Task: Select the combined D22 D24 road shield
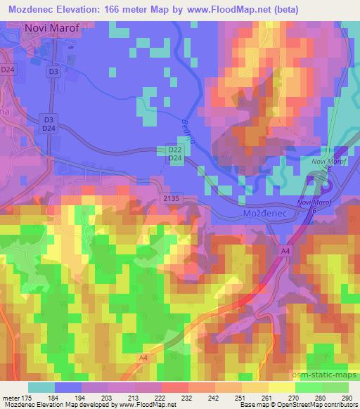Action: (x=175, y=155)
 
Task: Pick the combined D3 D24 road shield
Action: (x=48, y=124)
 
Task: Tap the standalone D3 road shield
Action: (x=53, y=71)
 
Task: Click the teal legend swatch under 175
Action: (x=41, y=387)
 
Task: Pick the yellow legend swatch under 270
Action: (x=281, y=387)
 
